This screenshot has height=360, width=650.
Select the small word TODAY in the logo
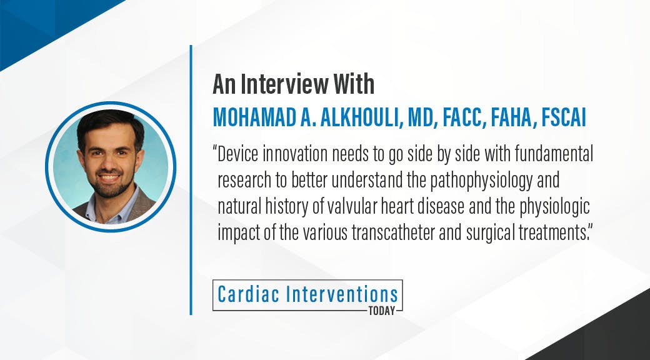coord(382,311)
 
